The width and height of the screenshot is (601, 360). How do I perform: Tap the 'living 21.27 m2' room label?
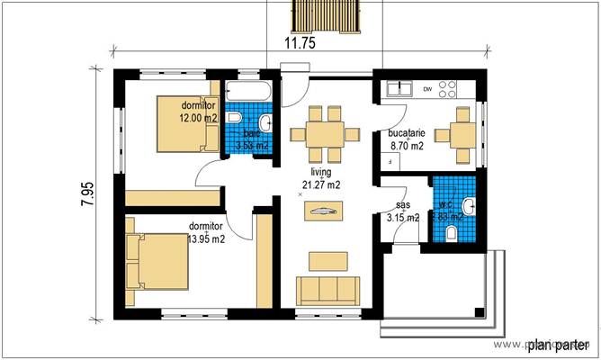tap(321, 178)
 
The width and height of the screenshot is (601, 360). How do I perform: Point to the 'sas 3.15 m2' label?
tap(402, 211)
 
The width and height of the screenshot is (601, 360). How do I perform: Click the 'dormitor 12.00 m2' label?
tap(198, 112)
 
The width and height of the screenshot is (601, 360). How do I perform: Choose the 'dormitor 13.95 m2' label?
tap(206, 232)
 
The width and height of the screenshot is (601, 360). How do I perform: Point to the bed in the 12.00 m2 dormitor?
tap(184, 123)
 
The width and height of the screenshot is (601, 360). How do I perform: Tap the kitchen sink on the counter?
tap(398, 89)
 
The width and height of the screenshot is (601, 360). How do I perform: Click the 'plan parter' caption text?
tap(558, 344)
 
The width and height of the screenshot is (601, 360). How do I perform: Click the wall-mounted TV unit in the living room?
tap(322, 212)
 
